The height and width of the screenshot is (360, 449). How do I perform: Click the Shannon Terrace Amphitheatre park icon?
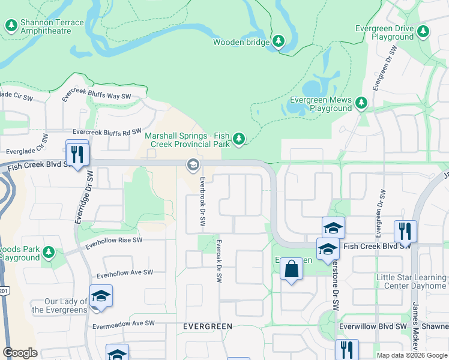pyautogui.click(x=11, y=26)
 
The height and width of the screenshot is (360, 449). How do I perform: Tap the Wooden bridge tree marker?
pyautogui.click(x=278, y=41)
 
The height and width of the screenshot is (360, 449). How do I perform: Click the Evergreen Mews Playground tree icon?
pyautogui.click(x=361, y=104)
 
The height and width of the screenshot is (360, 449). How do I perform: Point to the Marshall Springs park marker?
pyautogui.click(x=239, y=140)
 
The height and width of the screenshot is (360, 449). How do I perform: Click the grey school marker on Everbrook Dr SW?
pyautogui.click(x=193, y=164)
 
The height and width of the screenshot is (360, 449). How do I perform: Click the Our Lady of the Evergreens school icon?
pyautogui.click(x=101, y=296)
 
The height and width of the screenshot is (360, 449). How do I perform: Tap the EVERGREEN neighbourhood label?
pyautogui.click(x=207, y=326)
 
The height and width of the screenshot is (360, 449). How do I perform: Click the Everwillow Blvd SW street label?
pyautogui.click(x=372, y=326)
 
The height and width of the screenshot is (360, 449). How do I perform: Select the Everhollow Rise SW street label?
pyautogui.click(x=114, y=243)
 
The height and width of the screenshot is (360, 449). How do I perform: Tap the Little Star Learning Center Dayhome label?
pyautogui.click(x=411, y=282)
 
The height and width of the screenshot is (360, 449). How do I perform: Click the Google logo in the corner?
pyautogui.click(x=20, y=353)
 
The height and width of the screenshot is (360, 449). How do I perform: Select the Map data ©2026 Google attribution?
pyautogui.click(x=411, y=355)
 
